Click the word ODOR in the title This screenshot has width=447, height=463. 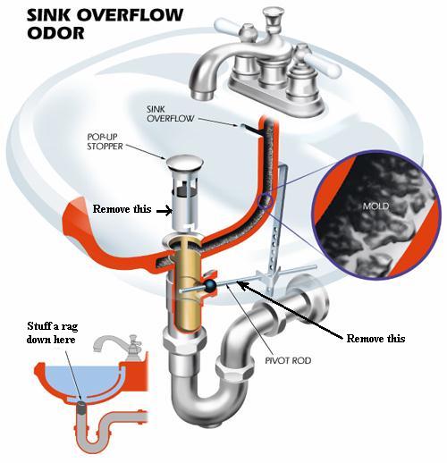click(55, 33)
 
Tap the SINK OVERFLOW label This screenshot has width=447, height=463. click(170, 114)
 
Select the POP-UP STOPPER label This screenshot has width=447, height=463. click(105, 141)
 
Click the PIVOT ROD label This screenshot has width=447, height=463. click(288, 360)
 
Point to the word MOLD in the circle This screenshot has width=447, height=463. click(375, 206)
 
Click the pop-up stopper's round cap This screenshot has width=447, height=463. click(184, 164)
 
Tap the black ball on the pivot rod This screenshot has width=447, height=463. click(210, 285)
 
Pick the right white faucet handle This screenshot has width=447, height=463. click(321, 63)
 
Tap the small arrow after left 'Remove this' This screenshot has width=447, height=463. click(164, 211)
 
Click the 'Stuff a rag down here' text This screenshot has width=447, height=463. click(52, 333)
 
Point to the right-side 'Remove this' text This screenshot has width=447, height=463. click(375, 339)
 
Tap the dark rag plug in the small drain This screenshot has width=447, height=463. click(81, 408)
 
